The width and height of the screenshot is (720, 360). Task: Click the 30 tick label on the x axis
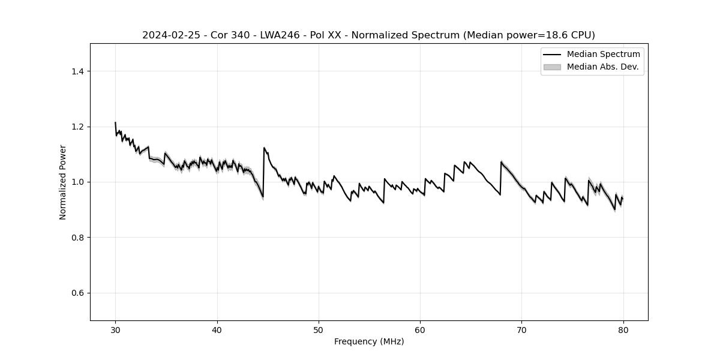tap(115, 329)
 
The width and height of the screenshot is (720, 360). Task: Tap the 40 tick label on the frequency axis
tap(217, 329)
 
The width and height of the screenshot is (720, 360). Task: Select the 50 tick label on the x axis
tap(319, 329)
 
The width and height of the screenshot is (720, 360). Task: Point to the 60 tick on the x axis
tap(420, 329)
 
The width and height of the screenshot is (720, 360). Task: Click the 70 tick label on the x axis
tap(522, 329)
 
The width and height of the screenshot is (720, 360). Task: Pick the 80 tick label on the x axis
tap(623, 329)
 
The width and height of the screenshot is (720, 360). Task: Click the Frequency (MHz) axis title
tap(369, 341)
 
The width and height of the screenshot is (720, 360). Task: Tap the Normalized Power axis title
tap(63, 182)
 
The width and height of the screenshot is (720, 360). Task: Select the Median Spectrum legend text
tap(603, 55)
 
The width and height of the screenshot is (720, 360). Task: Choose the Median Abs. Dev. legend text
tap(602, 67)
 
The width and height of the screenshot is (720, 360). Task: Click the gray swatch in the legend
tap(552, 67)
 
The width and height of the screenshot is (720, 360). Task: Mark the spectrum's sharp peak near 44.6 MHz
tap(264, 148)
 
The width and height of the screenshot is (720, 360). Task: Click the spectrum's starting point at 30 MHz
tap(115, 122)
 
